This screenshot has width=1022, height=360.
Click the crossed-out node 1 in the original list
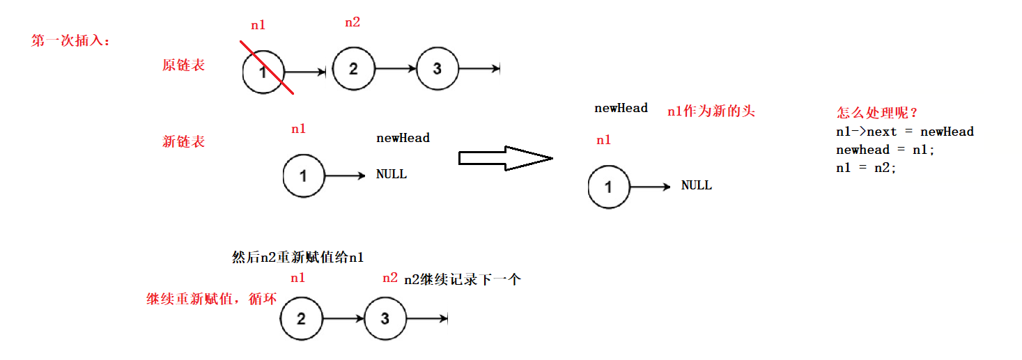(263, 70)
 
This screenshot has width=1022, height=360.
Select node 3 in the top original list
(438, 69)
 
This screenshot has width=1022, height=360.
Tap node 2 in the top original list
(353, 69)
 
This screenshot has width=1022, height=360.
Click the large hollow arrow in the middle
(505, 158)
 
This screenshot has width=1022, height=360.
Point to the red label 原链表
(183, 65)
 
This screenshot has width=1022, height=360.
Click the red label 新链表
(183, 141)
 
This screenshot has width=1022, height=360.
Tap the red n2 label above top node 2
(353, 22)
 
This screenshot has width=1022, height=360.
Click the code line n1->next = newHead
(904, 132)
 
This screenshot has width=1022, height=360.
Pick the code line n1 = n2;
(866, 168)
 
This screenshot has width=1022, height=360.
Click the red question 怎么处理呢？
(878, 113)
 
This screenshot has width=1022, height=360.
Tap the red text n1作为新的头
(711, 111)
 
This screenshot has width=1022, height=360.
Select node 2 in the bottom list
(301, 319)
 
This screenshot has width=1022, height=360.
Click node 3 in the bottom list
(385, 319)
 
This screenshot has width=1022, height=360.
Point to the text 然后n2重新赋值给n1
(297, 258)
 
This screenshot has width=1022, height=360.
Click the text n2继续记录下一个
(463, 280)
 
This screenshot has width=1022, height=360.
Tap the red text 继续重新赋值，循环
(212, 299)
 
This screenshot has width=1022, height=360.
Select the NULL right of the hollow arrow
(697, 185)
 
